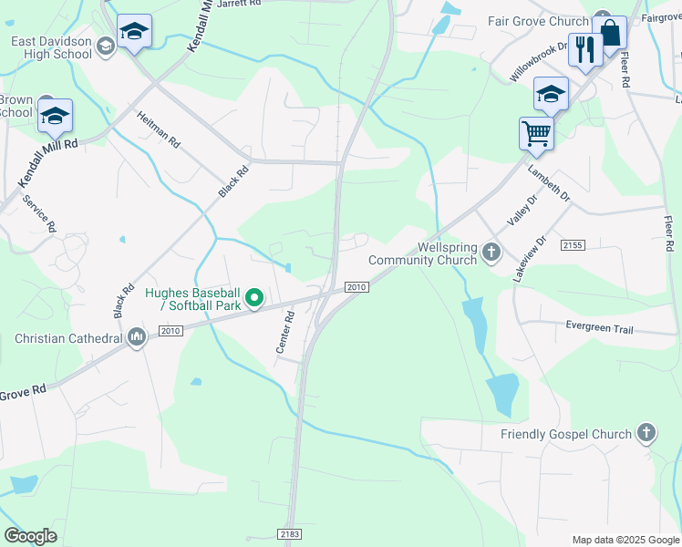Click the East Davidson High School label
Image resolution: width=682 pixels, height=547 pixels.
tap(51, 47)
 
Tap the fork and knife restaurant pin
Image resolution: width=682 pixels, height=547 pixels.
tap(584, 49)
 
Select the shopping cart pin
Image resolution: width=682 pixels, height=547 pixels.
tap(536, 133)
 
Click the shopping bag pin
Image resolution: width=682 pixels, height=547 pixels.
tap(610, 34)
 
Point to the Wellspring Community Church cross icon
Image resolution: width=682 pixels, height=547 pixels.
tap(491, 251)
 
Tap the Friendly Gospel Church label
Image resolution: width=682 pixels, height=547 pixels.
tap(565, 434)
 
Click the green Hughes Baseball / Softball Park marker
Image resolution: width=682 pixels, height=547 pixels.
tap(256, 297)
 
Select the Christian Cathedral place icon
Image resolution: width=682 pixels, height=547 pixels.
tap(137, 338)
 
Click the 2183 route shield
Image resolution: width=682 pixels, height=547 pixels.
tap(287, 532)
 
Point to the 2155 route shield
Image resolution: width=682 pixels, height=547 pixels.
tap(573, 245)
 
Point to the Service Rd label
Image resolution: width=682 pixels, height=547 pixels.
tap(39, 213)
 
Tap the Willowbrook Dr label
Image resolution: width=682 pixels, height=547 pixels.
tap(532, 60)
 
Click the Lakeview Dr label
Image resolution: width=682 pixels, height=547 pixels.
tap(530, 258)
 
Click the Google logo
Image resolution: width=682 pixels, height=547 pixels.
tap(30, 536)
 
